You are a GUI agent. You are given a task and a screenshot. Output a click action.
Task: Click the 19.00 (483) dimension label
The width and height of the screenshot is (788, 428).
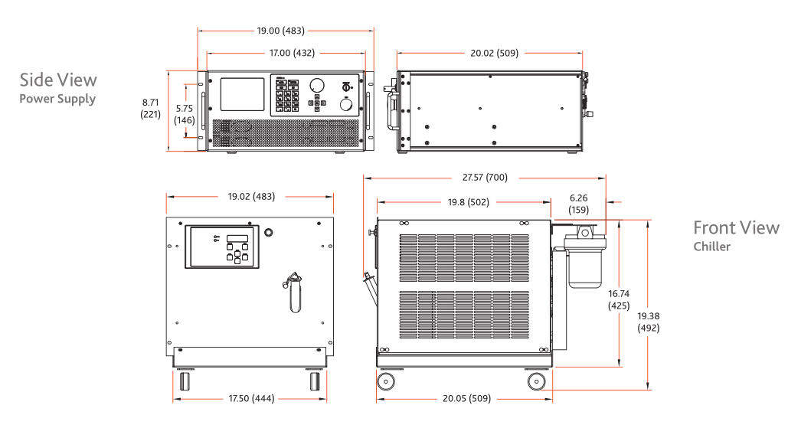coord(280,31)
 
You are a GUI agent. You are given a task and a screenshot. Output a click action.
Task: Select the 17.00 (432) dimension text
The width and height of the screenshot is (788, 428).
coord(292,53)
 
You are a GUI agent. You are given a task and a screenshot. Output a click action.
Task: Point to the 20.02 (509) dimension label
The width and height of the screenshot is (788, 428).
coord(495,53)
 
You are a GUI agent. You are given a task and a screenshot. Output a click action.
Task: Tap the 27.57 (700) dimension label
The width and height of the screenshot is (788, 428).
coord(485,178)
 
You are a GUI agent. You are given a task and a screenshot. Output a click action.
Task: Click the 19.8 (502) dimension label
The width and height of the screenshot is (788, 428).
coord(469,202)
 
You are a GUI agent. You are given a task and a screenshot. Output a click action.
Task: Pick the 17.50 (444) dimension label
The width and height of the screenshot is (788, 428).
coord(251,398)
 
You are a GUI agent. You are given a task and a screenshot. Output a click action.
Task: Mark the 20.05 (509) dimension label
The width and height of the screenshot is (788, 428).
coord(467,398)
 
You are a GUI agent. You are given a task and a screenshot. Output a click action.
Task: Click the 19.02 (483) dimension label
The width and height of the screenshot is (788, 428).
coord(251,197)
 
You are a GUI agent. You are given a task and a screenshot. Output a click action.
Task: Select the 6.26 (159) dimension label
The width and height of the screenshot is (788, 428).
coord(578,204)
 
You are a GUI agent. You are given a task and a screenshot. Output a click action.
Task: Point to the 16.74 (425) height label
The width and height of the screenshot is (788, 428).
coord(619,299)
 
